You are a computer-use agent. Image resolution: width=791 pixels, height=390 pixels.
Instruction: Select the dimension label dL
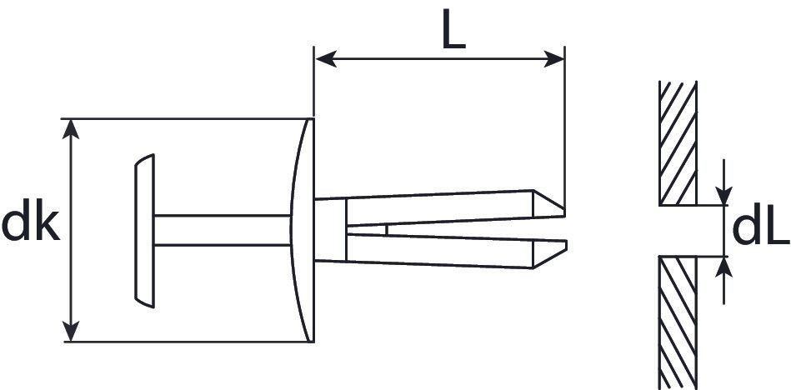[x=759, y=230]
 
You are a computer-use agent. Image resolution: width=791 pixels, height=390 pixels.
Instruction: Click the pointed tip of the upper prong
[x=562, y=207]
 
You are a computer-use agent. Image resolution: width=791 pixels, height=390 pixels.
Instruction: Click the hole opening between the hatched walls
[x=678, y=231]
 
